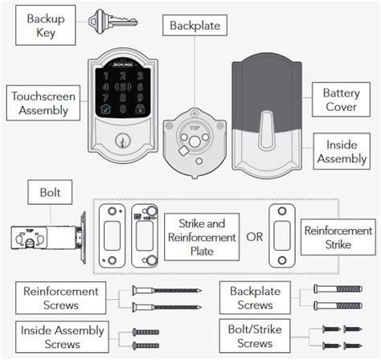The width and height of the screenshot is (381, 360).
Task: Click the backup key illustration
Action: coord(113,22)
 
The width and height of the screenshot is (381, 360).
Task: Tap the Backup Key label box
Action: coord(46,26)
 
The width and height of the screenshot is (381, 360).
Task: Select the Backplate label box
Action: coord(195,26)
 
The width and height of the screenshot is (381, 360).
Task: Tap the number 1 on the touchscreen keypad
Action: coord(106,76)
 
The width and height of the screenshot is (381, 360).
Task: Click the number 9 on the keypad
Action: coord(140,97)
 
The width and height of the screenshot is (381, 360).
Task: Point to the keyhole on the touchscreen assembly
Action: coord(123,141)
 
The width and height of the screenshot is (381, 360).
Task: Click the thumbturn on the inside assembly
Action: coord(266,130)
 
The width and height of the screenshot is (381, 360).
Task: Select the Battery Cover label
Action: coord(341,100)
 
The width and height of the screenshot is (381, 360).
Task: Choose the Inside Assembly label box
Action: coord(342,151)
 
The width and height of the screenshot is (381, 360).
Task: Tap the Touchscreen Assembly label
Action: coord(43,103)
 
